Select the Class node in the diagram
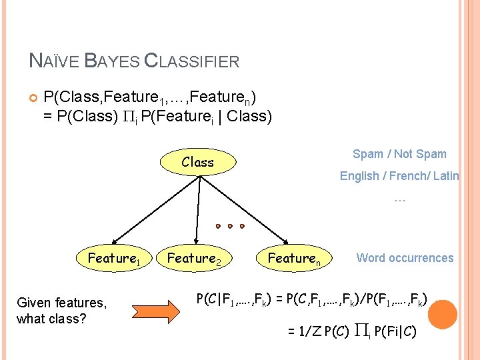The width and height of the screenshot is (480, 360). tap(197, 162)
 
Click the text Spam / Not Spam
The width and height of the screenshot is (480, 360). tap(399, 154)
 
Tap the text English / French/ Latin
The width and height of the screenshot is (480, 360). tap(399, 176)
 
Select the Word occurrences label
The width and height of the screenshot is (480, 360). tap(405, 258)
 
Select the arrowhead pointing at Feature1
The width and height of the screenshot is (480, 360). tap(115, 240)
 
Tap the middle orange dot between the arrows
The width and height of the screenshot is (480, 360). tap(230, 226)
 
